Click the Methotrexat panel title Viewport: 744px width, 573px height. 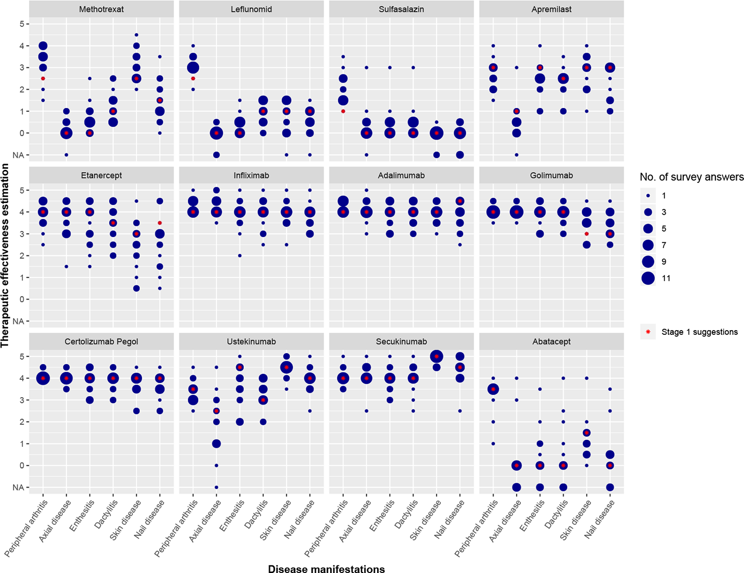click(x=101, y=9)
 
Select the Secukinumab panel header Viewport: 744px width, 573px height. click(x=401, y=341)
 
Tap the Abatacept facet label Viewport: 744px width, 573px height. click(x=551, y=341)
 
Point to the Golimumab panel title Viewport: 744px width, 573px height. click(x=551, y=175)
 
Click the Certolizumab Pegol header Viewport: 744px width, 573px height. click(x=101, y=341)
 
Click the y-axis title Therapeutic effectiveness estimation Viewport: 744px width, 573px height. click(x=5, y=255)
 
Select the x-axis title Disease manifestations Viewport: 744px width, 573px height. click(x=326, y=568)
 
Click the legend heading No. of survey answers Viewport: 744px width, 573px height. click(x=691, y=177)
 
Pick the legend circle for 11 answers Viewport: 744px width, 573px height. click(x=648, y=278)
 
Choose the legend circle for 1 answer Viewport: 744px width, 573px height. click(x=648, y=195)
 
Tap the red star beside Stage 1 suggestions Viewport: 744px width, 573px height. click(x=648, y=332)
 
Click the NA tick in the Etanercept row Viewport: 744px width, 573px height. click(x=18, y=321)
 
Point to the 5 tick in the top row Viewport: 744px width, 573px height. click(x=21, y=24)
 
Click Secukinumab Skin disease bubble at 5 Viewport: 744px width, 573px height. click(x=436, y=357)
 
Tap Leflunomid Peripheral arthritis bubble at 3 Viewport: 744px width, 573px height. click(x=193, y=68)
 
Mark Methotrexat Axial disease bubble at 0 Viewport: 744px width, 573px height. click(x=66, y=133)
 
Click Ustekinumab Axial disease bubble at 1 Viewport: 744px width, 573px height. click(x=216, y=444)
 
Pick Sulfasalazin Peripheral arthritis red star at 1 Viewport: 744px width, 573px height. click(x=343, y=111)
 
